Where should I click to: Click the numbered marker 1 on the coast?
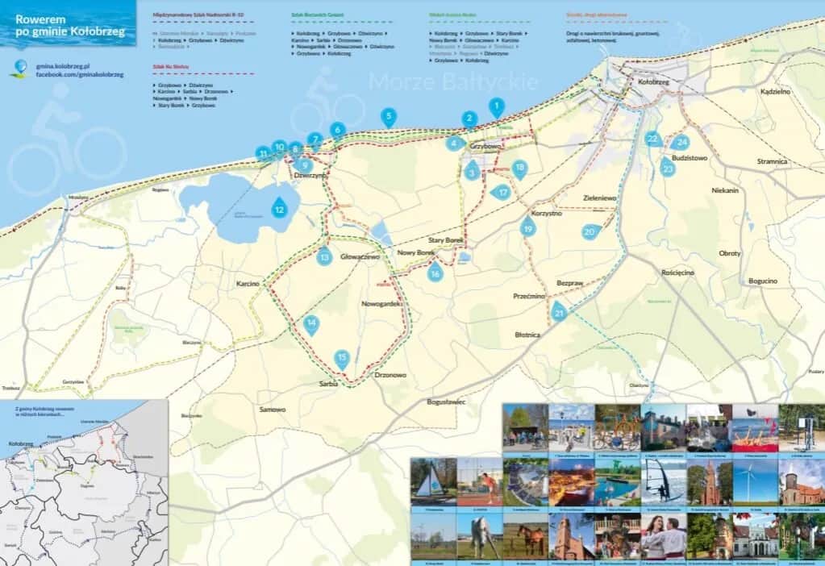tap(497, 106)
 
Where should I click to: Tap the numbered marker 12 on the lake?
tap(279, 208)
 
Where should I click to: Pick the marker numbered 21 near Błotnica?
tap(560, 311)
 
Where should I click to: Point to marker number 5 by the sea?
tap(389, 116)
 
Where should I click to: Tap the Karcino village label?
tap(247, 285)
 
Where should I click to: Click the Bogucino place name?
tap(762, 281)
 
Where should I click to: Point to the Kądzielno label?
tap(774, 92)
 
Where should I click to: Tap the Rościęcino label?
tap(677, 273)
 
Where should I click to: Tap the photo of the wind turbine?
tap(756, 481)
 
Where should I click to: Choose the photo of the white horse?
tap(479, 536)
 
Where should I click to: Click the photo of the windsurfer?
tap(664, 481)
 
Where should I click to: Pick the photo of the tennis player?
tap(479, 481)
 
